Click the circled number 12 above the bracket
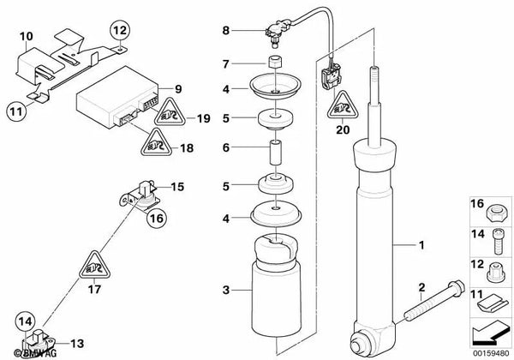coord(119,33)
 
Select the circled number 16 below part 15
coord(155,219)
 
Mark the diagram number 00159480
coord(491,352)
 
